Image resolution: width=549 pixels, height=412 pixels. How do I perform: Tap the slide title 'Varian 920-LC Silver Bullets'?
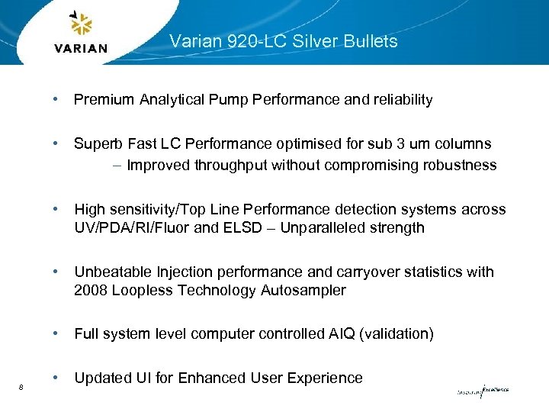283,41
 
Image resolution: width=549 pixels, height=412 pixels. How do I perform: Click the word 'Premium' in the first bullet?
103,100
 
